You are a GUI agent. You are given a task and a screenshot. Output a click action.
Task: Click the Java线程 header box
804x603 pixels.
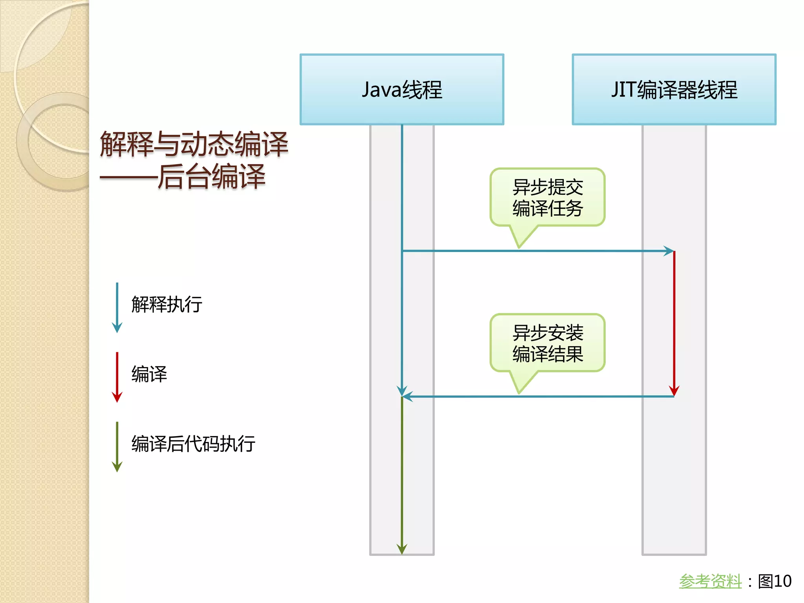[402, 90]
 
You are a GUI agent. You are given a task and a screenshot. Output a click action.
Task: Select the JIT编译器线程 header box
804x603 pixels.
[674, 90]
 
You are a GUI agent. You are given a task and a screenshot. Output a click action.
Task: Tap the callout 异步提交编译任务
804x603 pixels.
[547, 197]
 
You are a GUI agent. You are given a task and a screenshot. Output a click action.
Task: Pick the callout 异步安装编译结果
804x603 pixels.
[547, 343]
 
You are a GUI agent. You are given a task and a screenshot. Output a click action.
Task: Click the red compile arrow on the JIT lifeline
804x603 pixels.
[674, 322]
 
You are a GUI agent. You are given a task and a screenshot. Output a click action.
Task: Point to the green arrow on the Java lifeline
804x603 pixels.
[402, 471]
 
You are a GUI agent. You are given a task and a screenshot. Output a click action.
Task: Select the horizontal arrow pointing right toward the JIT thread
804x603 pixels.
[538, 251]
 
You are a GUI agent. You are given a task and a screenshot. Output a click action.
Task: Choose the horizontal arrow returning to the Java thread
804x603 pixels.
[538, 397]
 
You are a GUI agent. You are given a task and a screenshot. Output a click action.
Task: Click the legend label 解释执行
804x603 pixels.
[167, 304]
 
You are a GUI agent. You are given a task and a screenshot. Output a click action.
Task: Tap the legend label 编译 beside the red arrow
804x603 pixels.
[149, 374]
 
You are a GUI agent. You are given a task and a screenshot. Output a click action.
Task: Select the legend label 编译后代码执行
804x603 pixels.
[193, 444]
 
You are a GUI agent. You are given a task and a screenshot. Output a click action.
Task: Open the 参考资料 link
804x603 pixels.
[710, 581]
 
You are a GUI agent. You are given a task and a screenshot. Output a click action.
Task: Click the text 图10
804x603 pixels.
[775, 581]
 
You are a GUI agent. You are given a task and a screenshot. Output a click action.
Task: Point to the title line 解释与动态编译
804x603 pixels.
[194, 144]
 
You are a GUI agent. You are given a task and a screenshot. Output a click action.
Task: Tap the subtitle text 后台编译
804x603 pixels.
[211, 177]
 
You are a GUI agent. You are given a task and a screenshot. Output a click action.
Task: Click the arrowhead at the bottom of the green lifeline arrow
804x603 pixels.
[402, 549]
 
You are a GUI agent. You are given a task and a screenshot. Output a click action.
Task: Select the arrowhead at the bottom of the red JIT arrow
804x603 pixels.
[674, 391]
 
